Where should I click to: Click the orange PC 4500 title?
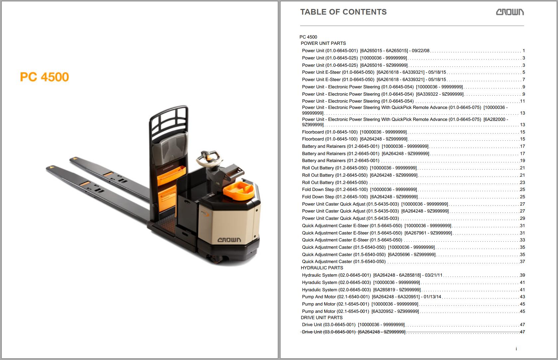(44, 77)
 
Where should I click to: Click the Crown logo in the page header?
(510, 12)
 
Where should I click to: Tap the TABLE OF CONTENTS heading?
(343, 12)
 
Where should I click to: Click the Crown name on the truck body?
(229, 240)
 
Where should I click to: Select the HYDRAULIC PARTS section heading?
(322, 268)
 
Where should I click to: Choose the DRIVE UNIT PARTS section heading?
(322, 318)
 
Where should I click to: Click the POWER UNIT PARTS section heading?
(323, 43)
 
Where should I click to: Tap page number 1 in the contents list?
(524, 51)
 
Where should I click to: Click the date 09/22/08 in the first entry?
(420, 51)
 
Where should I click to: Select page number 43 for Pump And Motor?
(522, 297)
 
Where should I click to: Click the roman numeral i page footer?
(516, 349)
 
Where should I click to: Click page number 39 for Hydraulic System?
(522, 275)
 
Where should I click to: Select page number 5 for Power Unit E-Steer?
(524, 72)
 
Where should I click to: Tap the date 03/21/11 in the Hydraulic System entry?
(434, 275)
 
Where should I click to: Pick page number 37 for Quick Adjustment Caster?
(522, 262)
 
